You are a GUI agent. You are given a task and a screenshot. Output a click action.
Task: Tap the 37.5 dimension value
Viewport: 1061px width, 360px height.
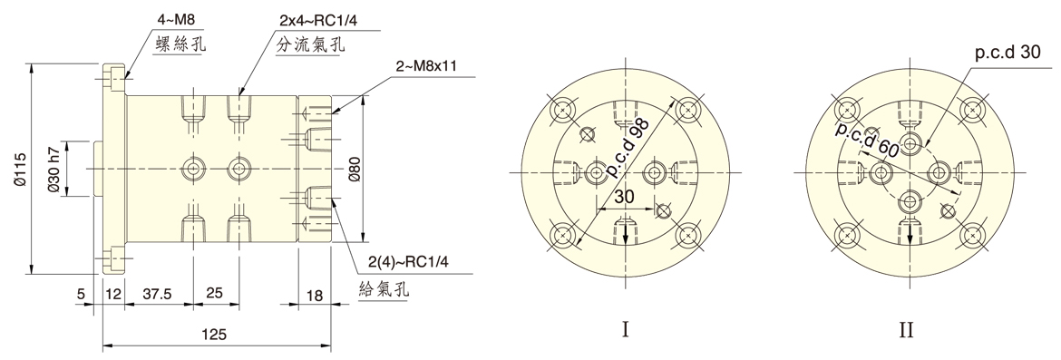157,294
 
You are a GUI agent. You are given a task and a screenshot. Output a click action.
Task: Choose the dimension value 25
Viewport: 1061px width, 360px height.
215,294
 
